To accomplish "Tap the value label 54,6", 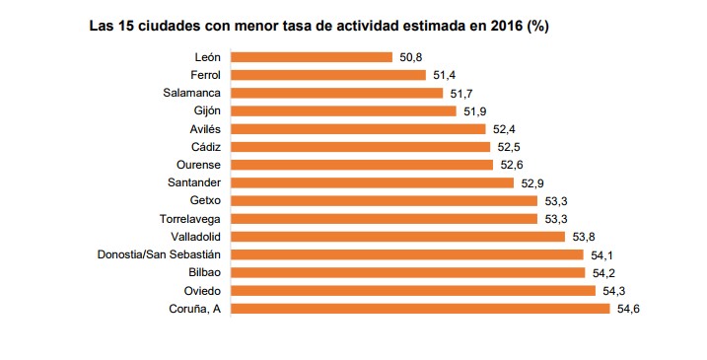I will [x=628, y=309].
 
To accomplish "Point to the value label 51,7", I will [x=460, y=93].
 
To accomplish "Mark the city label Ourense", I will [x=196, y=165].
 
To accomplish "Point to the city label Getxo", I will [x=201, y=201].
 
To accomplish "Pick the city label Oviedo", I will [x=199, y=291].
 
